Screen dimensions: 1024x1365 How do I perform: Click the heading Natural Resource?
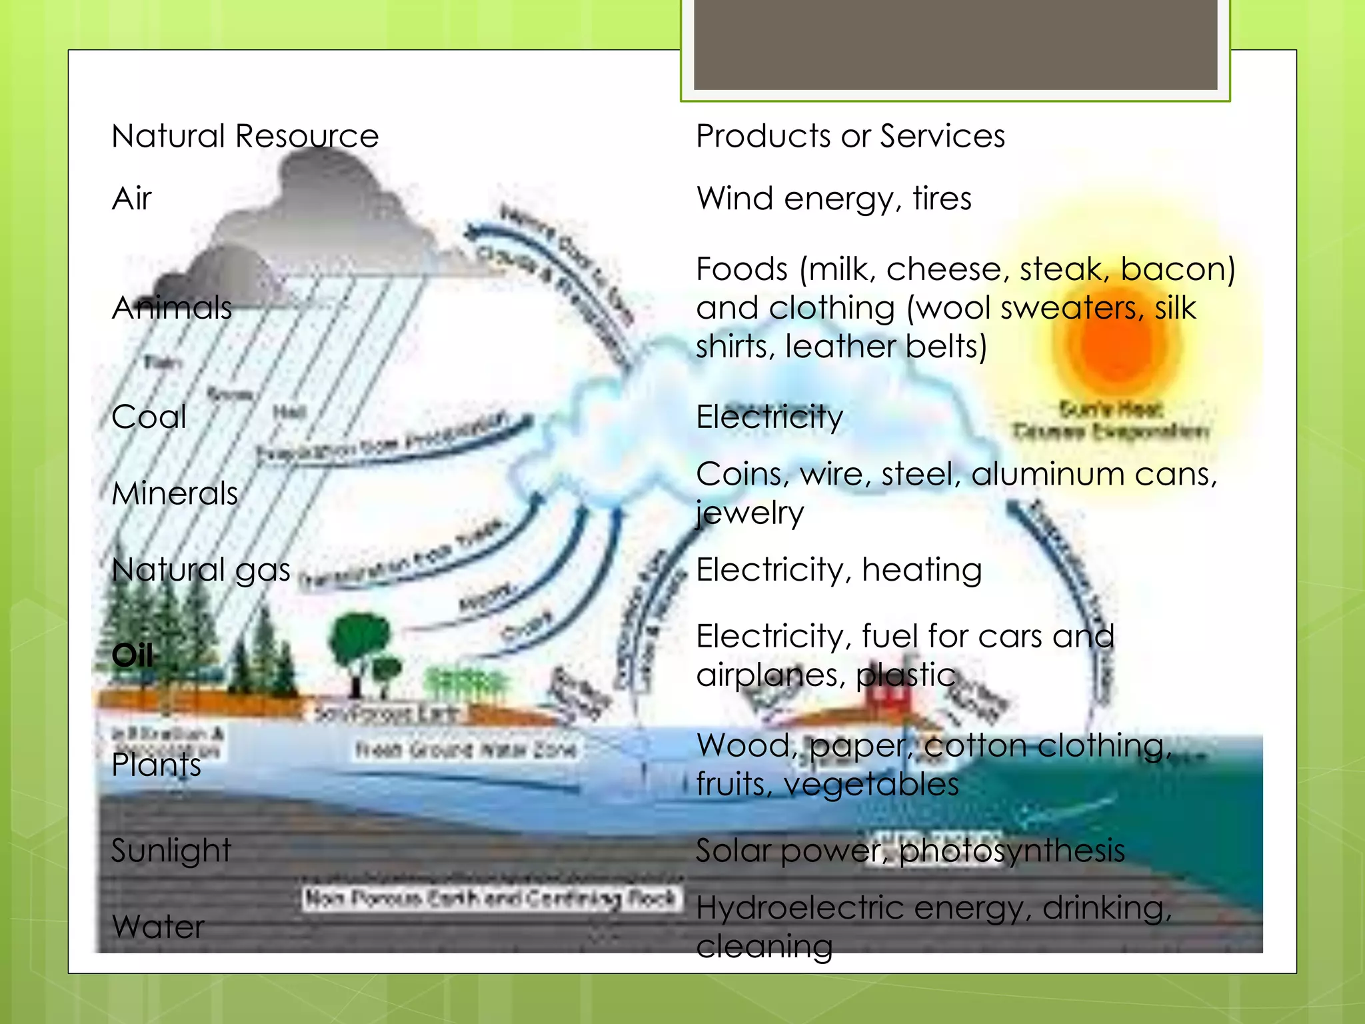pyautogui.click(x=245, y=136)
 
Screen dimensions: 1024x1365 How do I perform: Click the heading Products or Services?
pyautogui.click(x=850, y=136)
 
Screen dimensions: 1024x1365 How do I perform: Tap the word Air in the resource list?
pyautogui.click(x=132, y=199)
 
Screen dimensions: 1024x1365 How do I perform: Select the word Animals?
pyautogui.click(x=172, y=308)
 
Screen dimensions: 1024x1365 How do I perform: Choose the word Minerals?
pyautogui.click(x=175, y=494)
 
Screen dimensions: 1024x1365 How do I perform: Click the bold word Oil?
pyautogui.click(x=133, y=655)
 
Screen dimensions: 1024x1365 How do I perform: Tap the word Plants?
pyautogui.click(x=156, y=765)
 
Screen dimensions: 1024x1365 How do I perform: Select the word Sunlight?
pyautogui.click(x=171, y=851)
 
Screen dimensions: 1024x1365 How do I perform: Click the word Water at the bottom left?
pyautogui.click(x=158, y=927)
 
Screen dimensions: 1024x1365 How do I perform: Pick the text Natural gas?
pyautogui.click(x=201, y=571)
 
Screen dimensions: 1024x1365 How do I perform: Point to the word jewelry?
pyautogui.click(x=750, y=513)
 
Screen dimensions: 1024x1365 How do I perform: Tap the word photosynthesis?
pyautogui.click(x=1012, y=851)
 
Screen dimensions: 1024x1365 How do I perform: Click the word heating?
pyautogui.click(x=921, y=571)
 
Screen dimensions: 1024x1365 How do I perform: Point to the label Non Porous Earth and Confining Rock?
pyautogui.click(x=491, y=899)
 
